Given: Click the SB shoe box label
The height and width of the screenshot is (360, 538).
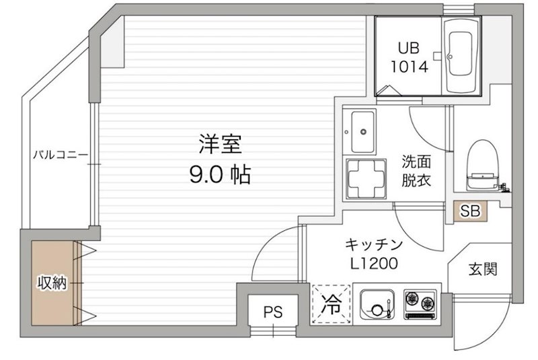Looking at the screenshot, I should tap(470, 211).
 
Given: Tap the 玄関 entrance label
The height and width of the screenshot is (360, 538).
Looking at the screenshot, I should tap(482, 270).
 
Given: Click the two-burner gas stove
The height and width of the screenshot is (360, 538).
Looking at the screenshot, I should tap(420, 303).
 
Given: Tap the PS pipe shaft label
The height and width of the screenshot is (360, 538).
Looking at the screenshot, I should tap(272, 312).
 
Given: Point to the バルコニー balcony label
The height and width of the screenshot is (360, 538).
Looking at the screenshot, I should tap(61, 155).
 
